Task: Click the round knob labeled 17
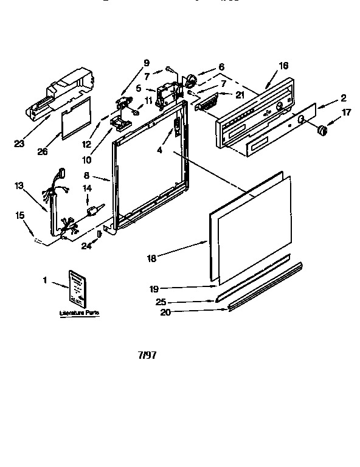(323, 130)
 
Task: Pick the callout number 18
(151, 258)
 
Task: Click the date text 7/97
(147, 356)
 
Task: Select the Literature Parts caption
(79, 312)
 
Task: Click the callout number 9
(146, 62)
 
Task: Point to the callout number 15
(20, 215)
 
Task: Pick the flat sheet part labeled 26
(76, 117)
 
